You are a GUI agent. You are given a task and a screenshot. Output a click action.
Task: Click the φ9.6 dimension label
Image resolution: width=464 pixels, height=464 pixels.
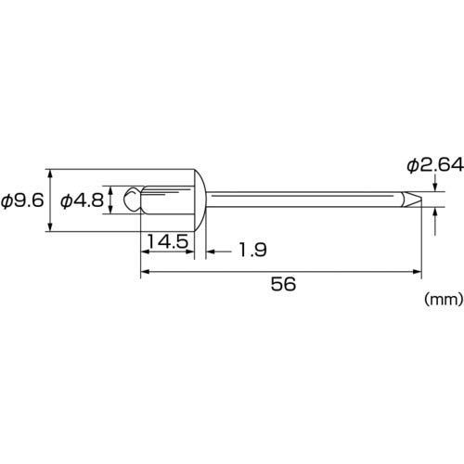[x=22, y=201]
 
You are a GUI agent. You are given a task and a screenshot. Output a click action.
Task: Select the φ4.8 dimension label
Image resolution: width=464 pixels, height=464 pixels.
[x=82, y=201]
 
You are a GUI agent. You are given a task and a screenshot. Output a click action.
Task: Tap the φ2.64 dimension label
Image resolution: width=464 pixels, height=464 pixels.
[x=435, y=165]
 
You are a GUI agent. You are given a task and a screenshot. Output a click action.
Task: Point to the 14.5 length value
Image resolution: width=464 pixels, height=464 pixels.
[x=168, y=241]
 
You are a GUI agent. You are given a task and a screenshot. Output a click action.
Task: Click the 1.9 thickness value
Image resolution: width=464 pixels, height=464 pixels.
[x=252, y=250]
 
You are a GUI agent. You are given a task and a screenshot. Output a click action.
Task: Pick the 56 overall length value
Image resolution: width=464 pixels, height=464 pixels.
[x=283, y=284]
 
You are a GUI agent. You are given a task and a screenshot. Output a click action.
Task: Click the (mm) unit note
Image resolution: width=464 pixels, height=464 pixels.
[x=445, y=300]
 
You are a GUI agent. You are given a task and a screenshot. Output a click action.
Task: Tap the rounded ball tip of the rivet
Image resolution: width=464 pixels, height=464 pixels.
[x=133, y=200]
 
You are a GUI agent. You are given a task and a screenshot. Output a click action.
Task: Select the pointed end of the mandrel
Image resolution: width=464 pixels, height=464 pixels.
[x=412, y=200]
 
